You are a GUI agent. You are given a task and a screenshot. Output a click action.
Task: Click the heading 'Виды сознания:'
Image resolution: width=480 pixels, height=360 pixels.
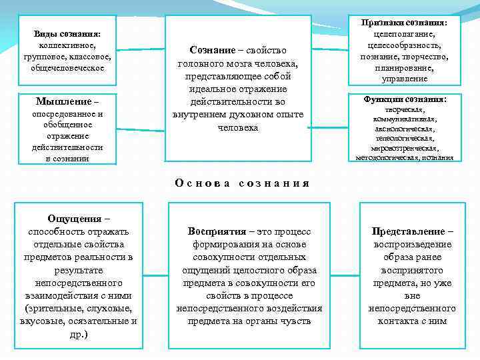(x=67, y=33)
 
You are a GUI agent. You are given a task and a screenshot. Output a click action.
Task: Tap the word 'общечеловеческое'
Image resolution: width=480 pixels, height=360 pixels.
(x=67, y=68)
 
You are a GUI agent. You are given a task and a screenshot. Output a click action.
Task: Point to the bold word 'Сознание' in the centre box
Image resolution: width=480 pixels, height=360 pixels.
(x=212, y=51)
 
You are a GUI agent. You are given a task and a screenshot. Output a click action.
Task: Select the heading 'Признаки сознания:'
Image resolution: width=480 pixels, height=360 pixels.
(x=405, y=22)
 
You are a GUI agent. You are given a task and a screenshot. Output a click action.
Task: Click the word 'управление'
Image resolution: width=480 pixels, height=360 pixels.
(x=405, y=79)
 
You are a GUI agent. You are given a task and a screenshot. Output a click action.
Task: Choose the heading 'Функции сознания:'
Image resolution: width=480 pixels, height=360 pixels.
(x=405, y=99)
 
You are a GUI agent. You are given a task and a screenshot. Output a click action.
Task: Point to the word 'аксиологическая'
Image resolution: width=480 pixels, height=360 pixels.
(x=405, y=129)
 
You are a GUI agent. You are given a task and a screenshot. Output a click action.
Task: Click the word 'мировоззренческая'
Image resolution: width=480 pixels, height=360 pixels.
(x=405, y=148)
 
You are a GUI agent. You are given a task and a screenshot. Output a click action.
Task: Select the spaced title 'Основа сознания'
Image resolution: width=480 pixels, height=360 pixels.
(x=242, y=183)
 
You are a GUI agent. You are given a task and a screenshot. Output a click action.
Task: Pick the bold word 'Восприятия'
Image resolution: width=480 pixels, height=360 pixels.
(x=217, y=231)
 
